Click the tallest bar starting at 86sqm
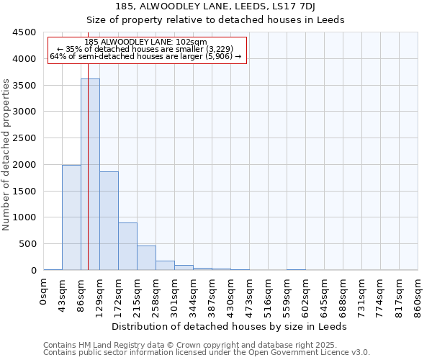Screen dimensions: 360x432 point(90,174)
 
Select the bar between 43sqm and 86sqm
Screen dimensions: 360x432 point(71,217)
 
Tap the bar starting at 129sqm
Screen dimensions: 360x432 point(109,221)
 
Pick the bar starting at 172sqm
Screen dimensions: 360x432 point(127,246)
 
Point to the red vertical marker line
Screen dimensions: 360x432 point(88,180)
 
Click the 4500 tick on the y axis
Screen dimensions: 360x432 point(24,32)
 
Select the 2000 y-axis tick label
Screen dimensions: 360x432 point(24,165)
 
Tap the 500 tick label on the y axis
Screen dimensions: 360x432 point(27,244)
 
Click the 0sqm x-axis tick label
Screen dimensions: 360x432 point(44,295)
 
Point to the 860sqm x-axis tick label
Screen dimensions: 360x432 point(418,298)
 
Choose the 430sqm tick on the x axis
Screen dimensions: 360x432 point(231,298)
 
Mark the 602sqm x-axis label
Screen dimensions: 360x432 point(306,298)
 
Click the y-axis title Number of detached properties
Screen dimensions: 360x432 point(7,155)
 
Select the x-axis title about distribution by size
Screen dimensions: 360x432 point(230,326)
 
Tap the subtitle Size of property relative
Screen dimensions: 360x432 point(216,19)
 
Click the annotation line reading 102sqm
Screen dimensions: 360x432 point(146,42)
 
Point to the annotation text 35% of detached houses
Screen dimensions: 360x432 point(146,49)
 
